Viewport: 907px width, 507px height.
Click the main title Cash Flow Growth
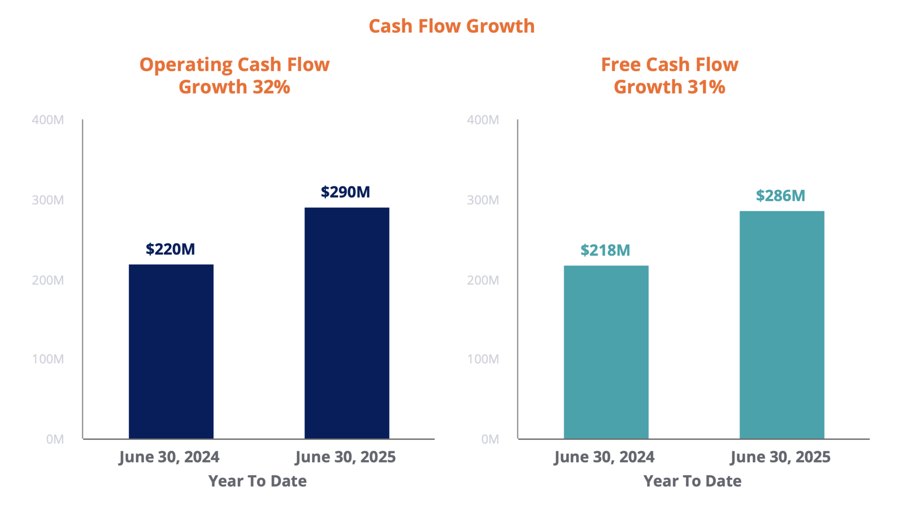[452, 26]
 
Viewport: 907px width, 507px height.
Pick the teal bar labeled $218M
[606, 352]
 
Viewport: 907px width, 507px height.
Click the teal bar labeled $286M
[782, 325]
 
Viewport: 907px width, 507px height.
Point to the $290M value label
[345, 192]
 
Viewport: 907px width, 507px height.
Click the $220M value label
[170, 249]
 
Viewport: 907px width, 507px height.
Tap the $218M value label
[605, 250]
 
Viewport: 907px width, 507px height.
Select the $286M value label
[780, 196]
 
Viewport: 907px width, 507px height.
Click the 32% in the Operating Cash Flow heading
[271, 87]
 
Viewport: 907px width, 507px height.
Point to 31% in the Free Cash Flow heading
[706, 87]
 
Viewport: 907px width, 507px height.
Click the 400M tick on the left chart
[48, 120]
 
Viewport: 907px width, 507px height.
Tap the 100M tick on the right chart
[483, 359]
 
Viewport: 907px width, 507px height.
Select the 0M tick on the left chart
[55, 439]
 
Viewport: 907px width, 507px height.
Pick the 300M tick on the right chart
[483, 200]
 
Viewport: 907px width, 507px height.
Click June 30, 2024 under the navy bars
[169, 457]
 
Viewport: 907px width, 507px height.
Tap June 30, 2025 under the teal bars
[780, 457]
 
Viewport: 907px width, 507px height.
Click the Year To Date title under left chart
[257, 481]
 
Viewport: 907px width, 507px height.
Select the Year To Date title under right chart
[693, 481]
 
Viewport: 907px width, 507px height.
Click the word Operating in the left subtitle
[186, 65]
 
